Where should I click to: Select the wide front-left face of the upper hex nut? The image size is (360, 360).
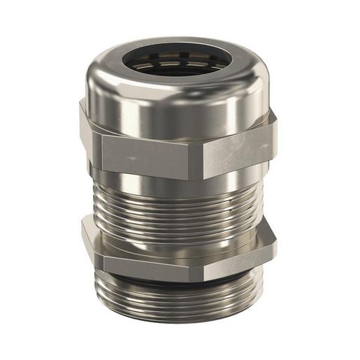click(x=147, y=154)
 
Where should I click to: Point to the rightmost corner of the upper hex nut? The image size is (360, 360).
click(x=275, y=136)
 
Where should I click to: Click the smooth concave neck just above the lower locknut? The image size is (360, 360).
click(x=175, y=239)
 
